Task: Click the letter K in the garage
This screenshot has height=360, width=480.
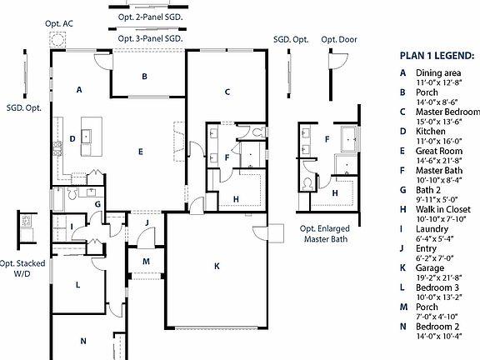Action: click(x=217, y=266)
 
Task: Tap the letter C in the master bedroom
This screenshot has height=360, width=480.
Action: click(x=227, y=92)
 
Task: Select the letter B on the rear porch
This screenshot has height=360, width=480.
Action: click(x=144, y=77)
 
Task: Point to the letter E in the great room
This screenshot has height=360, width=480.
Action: click(x=141, y=152)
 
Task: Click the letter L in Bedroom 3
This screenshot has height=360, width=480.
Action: click(x=77, y=285)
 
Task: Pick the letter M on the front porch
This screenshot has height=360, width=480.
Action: click(x=145, y=261)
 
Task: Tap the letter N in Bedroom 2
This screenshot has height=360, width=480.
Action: click(x=82, y=341)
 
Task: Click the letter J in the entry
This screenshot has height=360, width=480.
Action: click(x=146, y=222)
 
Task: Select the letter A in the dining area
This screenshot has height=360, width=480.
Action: click(x=78, y=88)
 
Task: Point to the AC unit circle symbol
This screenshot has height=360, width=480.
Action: click(x=58, y=40)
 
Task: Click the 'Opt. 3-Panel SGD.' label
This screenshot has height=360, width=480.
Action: click(x=151, y=38)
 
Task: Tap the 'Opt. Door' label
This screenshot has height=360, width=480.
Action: click(x=339, y=39)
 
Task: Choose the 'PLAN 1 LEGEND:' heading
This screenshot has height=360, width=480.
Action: click(x=437, y=56)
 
